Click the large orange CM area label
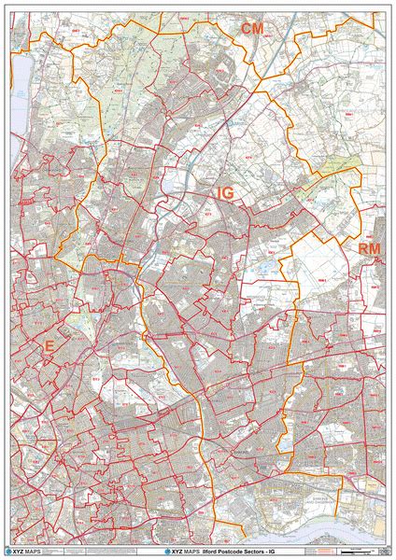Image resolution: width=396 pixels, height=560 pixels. (x=252, y=30)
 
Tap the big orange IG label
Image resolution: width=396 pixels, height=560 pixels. (x=225, y=192)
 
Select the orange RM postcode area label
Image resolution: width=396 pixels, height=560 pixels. (x=369, y=249)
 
